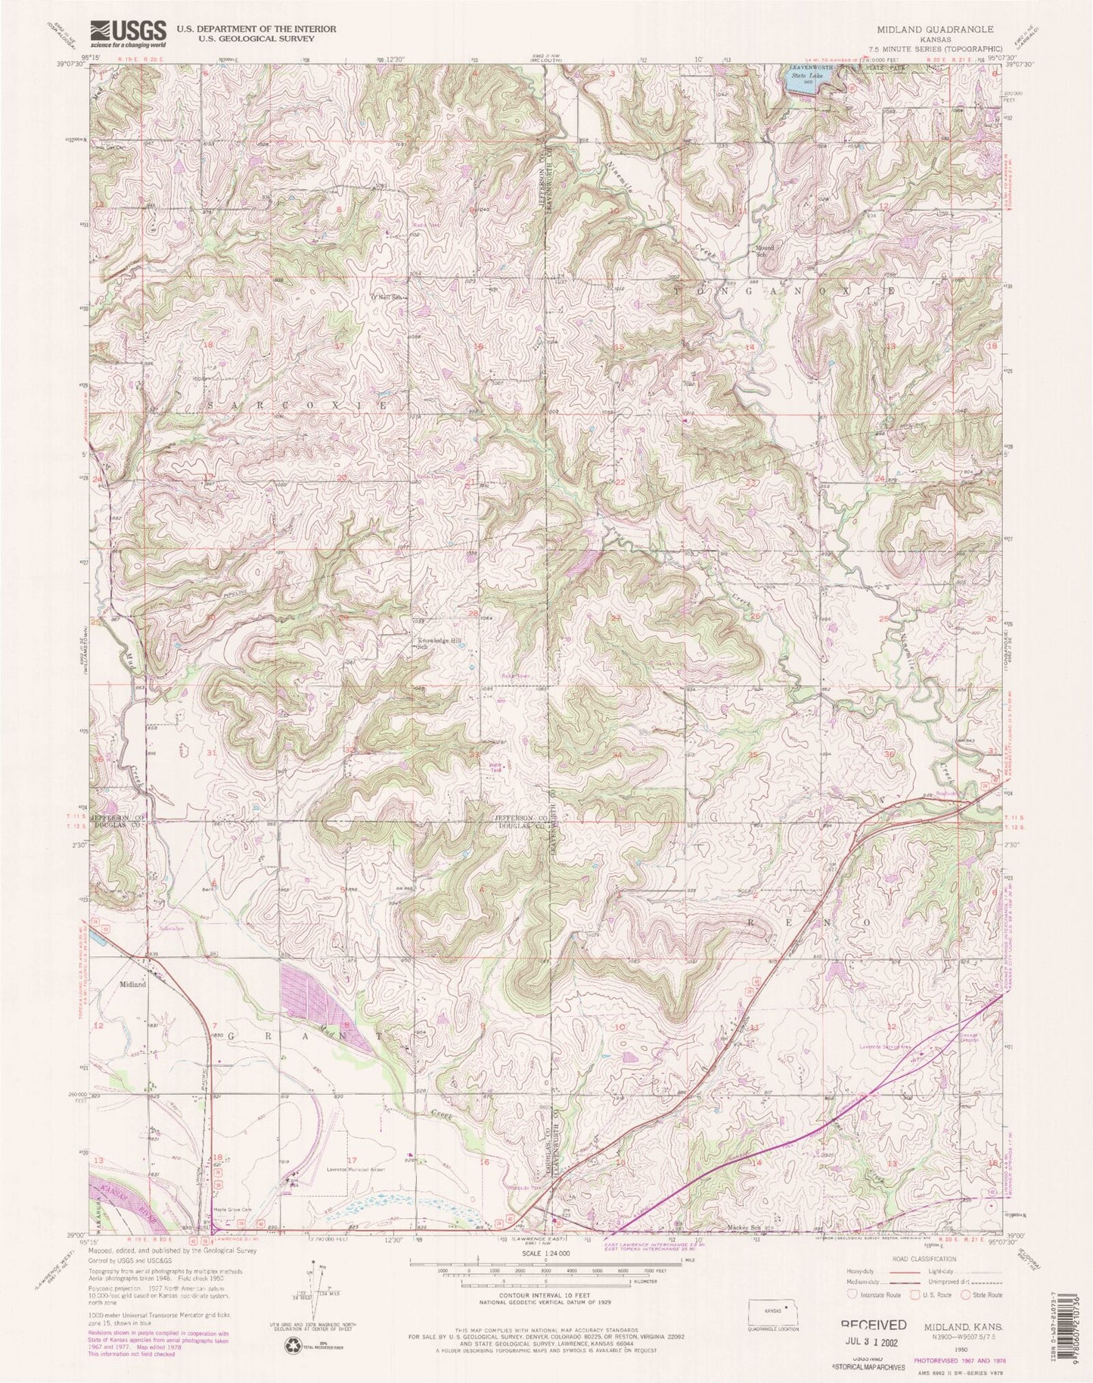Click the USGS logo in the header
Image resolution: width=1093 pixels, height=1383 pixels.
point(128,31)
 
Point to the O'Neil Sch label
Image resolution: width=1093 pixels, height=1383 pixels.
point(384,297)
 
